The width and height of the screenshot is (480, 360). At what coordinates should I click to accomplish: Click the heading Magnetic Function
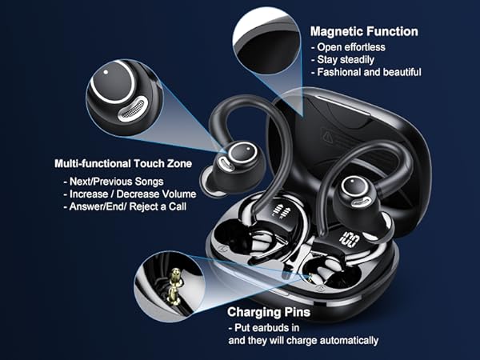364,31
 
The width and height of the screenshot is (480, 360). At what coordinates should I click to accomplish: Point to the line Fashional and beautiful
366,72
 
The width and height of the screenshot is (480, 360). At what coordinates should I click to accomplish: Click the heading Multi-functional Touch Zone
124,162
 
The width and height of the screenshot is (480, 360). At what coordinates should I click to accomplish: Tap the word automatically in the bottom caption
344,341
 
